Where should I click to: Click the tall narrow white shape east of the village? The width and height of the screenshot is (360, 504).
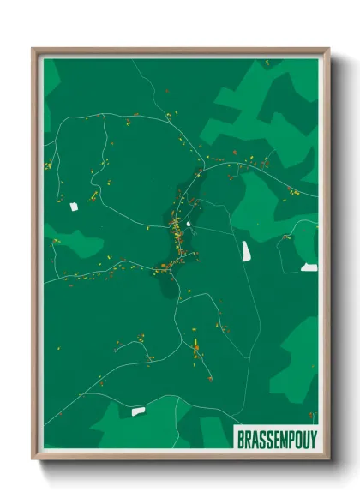(x=246, y=251)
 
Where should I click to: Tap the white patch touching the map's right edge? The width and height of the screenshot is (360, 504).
(x=309, y=267)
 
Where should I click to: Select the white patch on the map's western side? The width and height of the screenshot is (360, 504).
(x=73, y=206)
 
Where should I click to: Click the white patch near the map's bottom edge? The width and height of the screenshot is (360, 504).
(x=138, y=412)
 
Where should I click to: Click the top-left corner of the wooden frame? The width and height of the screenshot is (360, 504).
(x=33, y=49)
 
